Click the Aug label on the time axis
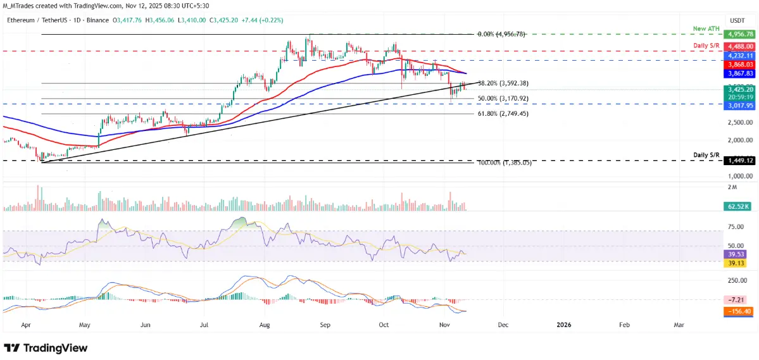[265, 325]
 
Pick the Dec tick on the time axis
[503, 325]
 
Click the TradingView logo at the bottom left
[46, 348]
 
